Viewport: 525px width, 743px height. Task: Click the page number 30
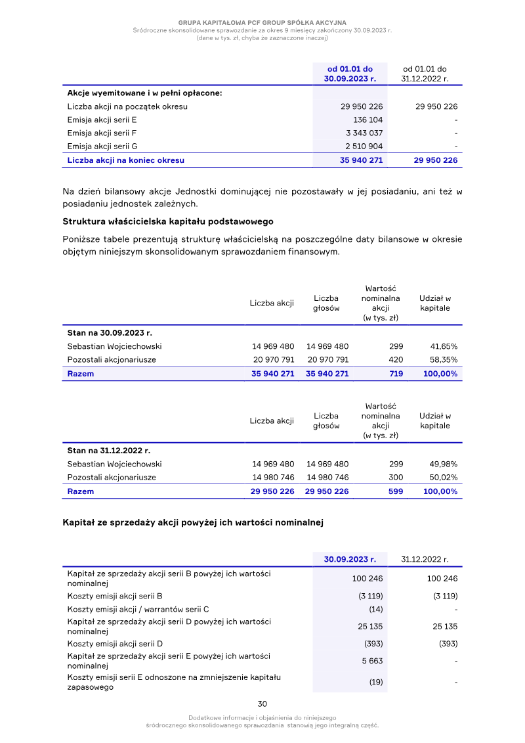262,704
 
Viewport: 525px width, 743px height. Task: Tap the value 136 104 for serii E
368,120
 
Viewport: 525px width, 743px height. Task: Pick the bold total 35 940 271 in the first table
362,160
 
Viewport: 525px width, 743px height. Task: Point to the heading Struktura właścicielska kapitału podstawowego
168,221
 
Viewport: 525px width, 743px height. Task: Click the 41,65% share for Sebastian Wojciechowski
444,346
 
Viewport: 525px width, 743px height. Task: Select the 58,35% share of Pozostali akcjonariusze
444,360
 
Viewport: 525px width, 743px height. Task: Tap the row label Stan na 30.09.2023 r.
110,332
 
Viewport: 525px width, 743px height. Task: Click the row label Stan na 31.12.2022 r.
109,451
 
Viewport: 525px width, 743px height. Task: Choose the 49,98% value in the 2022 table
444,464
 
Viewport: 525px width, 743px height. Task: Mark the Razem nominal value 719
396,374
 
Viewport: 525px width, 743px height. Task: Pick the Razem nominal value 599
396,491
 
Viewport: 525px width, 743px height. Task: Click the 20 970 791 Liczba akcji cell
273,360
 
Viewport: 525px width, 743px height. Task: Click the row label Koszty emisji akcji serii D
115,644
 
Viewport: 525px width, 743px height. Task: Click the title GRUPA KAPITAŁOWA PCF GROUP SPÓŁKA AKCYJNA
262,23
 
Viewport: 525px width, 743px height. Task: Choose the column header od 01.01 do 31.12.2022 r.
425,74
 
